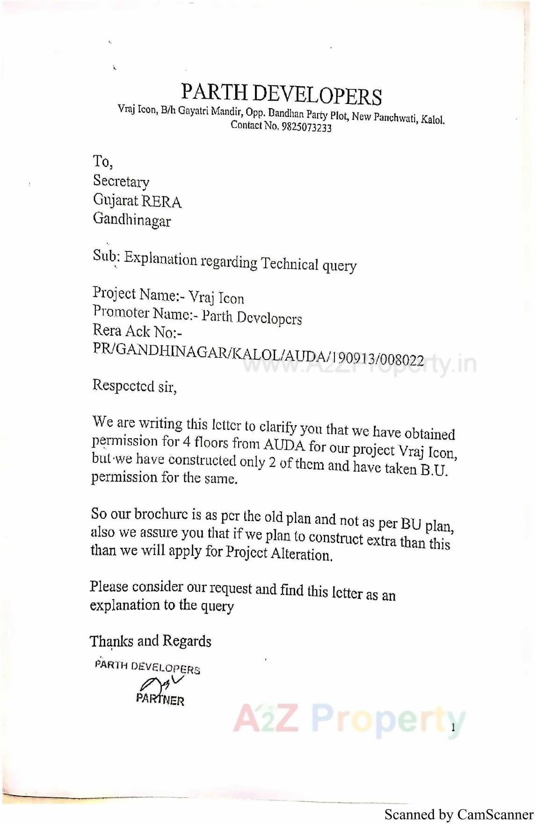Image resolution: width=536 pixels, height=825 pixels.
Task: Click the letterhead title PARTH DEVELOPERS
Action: point(281,94)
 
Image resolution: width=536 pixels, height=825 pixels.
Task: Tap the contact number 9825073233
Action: point(306,127)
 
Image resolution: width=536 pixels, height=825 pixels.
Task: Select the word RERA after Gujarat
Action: point(161,202)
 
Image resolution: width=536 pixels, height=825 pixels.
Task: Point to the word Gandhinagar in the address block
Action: point(132,220)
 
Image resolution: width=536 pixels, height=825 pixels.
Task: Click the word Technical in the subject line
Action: point(290,264)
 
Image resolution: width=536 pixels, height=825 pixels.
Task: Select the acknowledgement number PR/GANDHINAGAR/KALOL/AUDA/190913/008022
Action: point(258,355)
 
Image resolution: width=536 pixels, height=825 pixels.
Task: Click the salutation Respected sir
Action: point(134,386)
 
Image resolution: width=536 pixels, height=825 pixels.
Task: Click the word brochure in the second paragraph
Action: point(160,514)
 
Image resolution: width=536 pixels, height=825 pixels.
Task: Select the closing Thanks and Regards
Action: point(150,641)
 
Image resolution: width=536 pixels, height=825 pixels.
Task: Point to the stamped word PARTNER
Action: point(160,700)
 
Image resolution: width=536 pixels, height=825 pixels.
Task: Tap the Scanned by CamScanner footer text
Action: point(459,814)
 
